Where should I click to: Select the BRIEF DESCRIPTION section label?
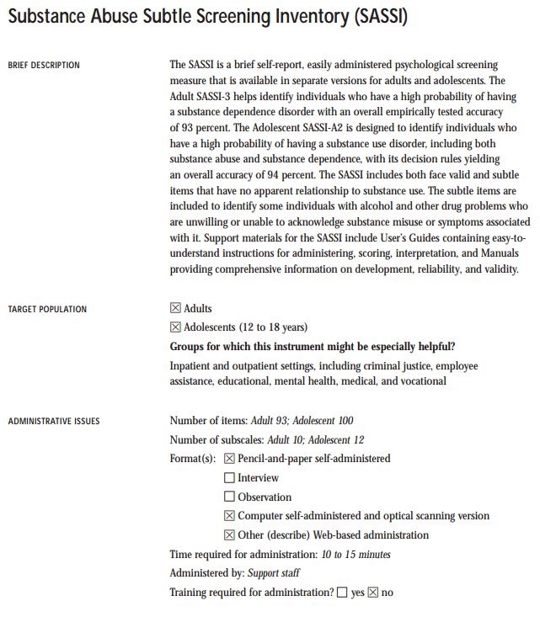[x=44, y=66]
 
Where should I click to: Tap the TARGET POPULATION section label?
[x=47, y=310]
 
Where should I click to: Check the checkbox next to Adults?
[x=176, y=309]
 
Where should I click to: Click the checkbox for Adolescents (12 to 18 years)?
[x=176, y=327]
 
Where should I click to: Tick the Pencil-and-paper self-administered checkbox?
[x=230, y=459]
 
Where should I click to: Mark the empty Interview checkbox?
[x=230, y=478]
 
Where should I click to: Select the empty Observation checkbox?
[x=230, y=497]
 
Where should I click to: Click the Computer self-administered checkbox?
[x=230, y=516]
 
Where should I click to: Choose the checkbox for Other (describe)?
[x=230, y=535]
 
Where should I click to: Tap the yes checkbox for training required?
[x=342, y=593]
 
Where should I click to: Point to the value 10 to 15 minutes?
[x=356, y=555]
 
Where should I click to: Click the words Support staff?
[x=274, y=573]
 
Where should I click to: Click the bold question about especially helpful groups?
[x=319, y=347]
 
